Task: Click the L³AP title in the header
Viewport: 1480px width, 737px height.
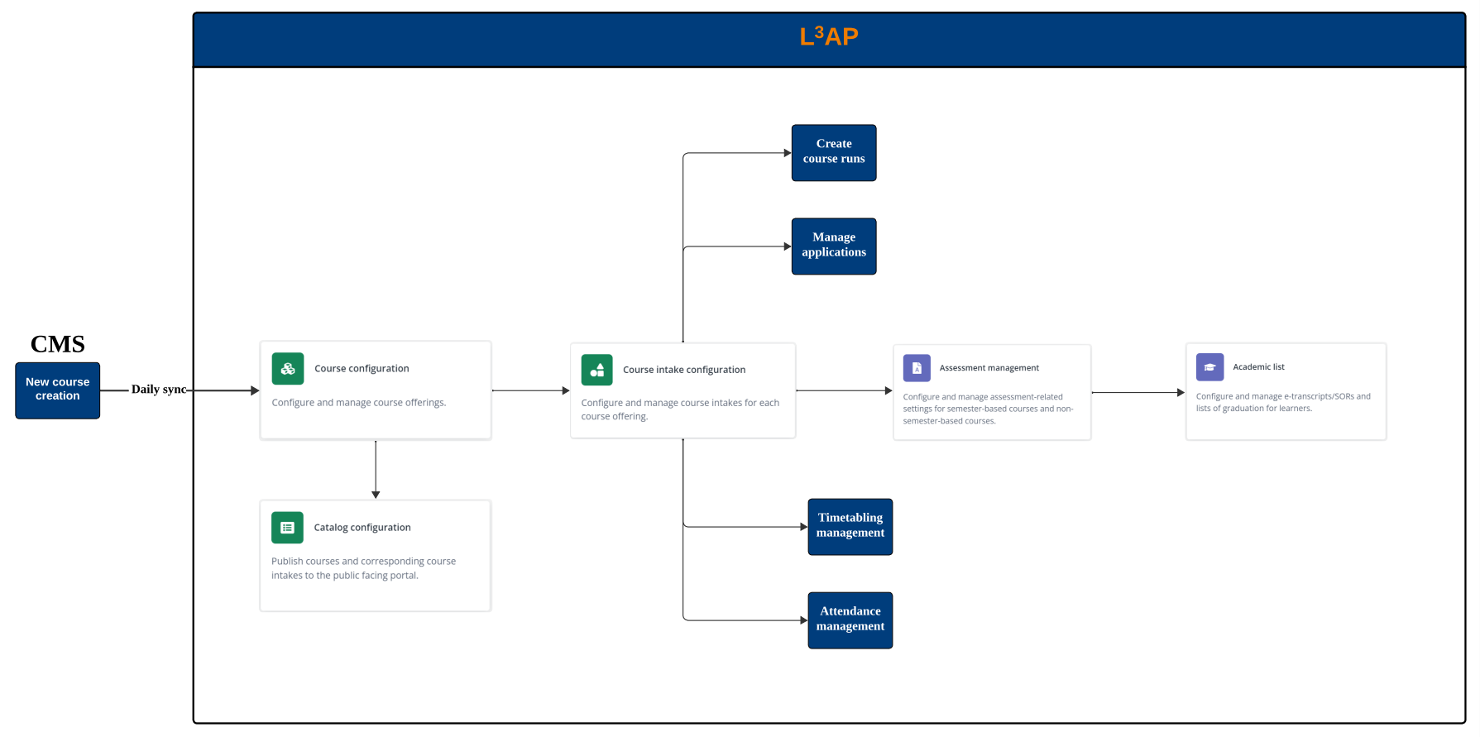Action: click(x=828, y=37)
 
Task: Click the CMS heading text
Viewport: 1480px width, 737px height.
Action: click(x=58, y=344)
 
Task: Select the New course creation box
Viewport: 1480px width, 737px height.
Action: click(x=58, y=390)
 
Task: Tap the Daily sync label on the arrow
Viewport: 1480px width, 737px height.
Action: click(x=158, y=390)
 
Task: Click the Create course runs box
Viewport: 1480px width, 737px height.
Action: click(x=833, y=152)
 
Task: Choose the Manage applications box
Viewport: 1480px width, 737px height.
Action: click(x=833, y=246)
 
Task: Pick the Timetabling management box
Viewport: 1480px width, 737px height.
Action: click(x=850, y=526)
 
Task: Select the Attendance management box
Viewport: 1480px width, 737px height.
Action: click(x=850, y=620)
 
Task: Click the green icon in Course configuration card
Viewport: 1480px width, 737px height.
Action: click(x=288, y=369)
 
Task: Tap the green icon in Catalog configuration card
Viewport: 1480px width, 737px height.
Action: click(x=287, y=528)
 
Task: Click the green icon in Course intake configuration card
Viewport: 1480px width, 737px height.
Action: click(x=596, y=370)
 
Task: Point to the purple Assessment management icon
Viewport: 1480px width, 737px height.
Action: click(x=917, y=368)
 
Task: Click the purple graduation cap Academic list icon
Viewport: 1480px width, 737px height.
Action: click(x=1209, y=366)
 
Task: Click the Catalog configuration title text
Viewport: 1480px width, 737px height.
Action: click(x=362, y=528)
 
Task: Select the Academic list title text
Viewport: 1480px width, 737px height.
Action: click(x=1258, y=367)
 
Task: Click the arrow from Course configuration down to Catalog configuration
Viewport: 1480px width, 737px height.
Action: click(x=376, y=468)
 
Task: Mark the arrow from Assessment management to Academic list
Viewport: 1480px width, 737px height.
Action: click(x=1138, y=392)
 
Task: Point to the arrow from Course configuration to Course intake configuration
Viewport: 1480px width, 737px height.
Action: click(x=530, y=390)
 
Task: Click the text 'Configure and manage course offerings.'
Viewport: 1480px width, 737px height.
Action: click(x=358, y=403)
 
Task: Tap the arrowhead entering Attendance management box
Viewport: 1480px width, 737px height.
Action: click(x=803, y=620)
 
